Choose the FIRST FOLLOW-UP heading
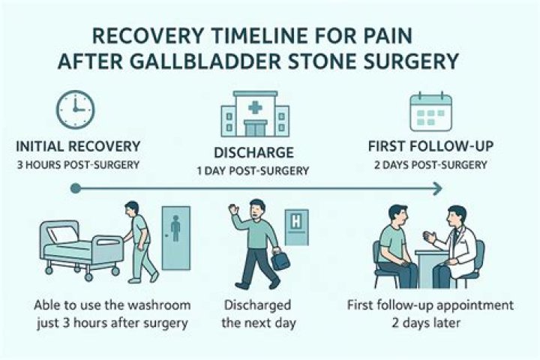click(x=430, y=146)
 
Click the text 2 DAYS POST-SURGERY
click(x=430, y=164)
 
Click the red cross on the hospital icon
click(x=255, y=106)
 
